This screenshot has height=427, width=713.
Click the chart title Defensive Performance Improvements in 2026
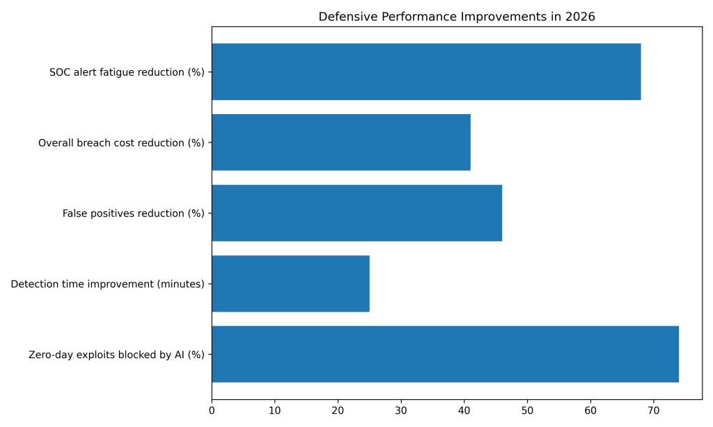click(x=457, y=17)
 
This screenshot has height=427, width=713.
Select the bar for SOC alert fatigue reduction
click(x=425, y=72)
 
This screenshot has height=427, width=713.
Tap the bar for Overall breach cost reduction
click(x=340, y=143)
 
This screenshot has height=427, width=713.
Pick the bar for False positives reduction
click(x=356, y=213)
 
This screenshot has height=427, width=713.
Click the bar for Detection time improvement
click(x=290, y=284)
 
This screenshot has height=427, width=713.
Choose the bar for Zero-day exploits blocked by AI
click(x=445, y=354)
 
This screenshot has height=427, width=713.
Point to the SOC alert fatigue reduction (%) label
click(x=127, y=72)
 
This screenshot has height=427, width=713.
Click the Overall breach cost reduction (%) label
click(x=121, y=143)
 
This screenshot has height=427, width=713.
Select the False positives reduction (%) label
click(x=134, y=213)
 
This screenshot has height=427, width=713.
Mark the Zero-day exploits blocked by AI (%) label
click(x=116, y=355)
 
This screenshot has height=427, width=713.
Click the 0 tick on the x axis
click(x=212, y=411)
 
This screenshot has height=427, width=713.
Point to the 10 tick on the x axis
click(x=275, y=411)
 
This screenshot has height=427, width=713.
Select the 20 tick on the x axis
click(x=338, y=411)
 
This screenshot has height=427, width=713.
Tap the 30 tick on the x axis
click(x=401, y=411)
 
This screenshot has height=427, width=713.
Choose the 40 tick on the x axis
click(x=464, y=411)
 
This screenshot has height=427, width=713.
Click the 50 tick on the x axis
click(x=527, y=411)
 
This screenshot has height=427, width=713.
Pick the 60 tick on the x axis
click(x=590, y=411)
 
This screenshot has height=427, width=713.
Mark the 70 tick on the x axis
click(x=654, y=411)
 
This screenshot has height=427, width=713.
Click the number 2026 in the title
click(x=581, y=17)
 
